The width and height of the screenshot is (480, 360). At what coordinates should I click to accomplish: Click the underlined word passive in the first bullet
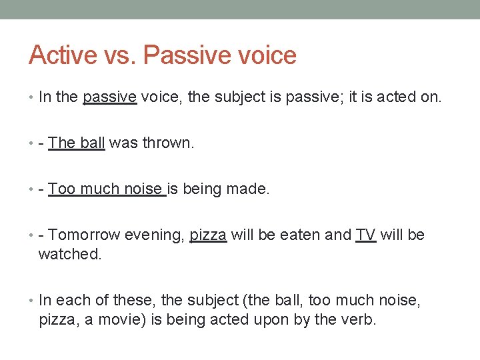click(109, 97)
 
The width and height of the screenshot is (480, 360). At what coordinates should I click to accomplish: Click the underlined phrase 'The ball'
click(77, 143)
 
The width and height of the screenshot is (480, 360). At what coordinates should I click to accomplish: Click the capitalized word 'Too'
click(61, 189)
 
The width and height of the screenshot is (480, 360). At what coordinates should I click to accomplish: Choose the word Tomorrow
click(82, 235)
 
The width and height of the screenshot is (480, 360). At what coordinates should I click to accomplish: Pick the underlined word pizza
click(209, 235)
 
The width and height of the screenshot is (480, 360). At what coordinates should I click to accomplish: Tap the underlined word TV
click(366, 235)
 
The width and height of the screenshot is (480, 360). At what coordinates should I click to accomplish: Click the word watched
click(70, 253)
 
